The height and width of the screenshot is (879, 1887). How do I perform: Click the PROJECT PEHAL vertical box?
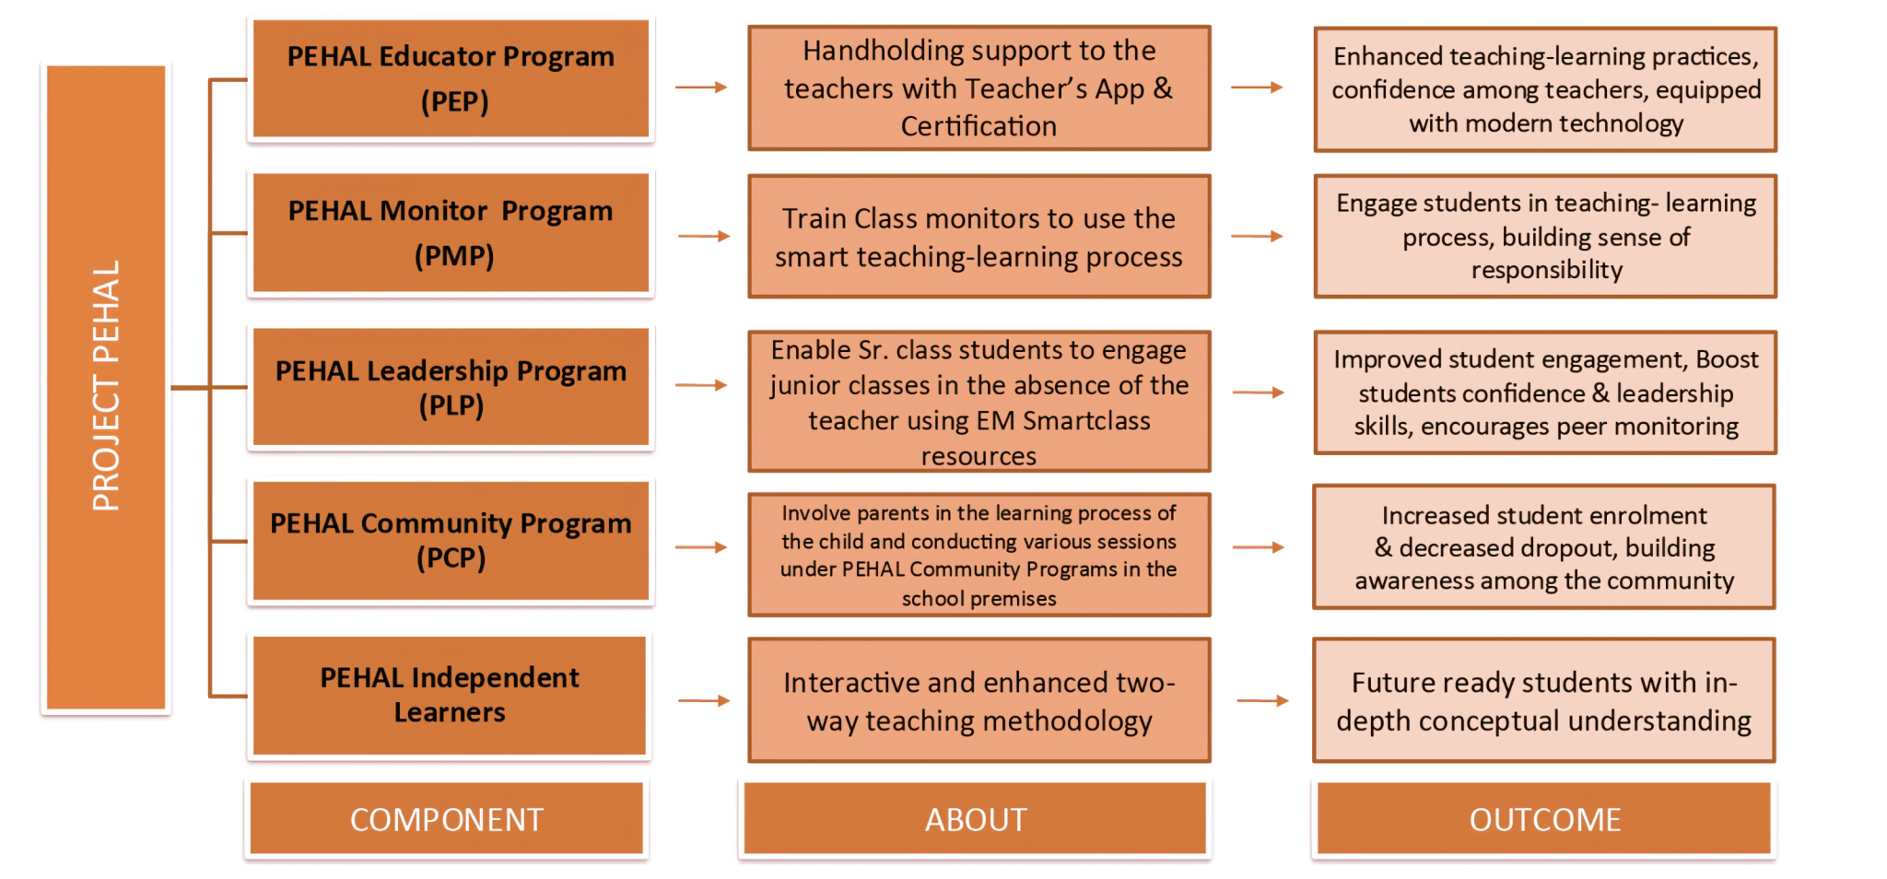(x=106, y=387)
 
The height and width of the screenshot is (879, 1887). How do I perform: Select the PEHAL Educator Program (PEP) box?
(x=451, y=79)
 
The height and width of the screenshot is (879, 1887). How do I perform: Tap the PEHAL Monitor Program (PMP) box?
(x=451, y=233)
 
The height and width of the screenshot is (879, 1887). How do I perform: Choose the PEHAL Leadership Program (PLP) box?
(x=451, y=387)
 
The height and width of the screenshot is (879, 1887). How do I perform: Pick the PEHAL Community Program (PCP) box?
(x=451, y=540)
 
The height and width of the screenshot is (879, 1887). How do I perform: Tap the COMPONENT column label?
(x=447, y=819)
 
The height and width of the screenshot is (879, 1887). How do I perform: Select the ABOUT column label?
(x=976, y=819)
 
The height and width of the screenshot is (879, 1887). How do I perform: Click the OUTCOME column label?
(x=1544, y=819)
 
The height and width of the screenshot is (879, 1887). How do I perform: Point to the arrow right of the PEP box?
(x=701, y=88)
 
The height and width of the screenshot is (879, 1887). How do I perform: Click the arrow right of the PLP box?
(x=701, y=385)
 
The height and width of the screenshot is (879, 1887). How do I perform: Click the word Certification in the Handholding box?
(x=979, y=126)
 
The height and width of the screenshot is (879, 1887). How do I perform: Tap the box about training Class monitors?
(x=979, y=237)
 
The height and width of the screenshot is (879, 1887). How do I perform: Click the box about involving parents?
(x=979, y=555)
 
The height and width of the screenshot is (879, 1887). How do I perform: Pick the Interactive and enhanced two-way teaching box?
(x=979, y=700)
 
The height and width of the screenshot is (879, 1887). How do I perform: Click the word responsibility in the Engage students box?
(x=1546, y=270)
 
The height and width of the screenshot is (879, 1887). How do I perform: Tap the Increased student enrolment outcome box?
(x=1544, y=547)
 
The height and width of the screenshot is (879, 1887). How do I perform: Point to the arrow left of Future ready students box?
(x=1262, y=701)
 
